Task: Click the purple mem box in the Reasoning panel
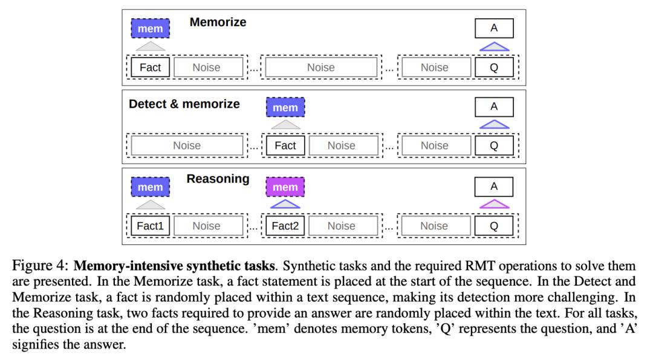tap(285, 187)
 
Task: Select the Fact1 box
tap(151, 226)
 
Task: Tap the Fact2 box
tap(285, 226)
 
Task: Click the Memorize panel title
tap(218, 22)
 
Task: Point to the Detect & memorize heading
tap(184, 103)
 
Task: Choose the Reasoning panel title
tap(218, 178)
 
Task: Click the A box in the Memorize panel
tap(494, 28)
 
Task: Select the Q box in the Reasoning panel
tap(494, 226)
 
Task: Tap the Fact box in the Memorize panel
tap(151, 67)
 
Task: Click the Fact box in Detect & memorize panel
tap(285, 145)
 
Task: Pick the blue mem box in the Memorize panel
tap(151, 28)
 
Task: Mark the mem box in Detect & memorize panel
tap(285, 108)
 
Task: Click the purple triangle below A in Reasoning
tap(494, 205)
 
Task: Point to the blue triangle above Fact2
tap(285, 205)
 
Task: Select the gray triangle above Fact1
tap(151, 205)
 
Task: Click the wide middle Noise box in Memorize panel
tap(321, 67)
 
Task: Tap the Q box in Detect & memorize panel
tap(494, 145)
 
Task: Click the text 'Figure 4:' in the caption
tap(39, 266)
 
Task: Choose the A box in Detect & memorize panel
tap(494, 107)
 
